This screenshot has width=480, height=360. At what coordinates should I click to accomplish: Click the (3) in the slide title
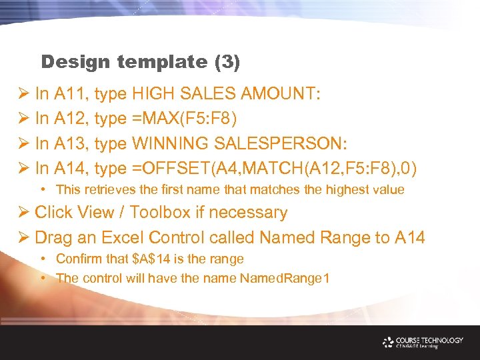[227, 63]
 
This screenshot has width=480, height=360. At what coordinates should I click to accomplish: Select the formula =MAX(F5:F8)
[183, 119]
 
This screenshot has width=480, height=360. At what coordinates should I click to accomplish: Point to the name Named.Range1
[283, 277]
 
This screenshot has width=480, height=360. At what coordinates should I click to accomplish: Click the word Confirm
[81, 259]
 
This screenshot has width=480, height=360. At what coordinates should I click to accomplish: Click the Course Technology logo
[423, 342]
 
